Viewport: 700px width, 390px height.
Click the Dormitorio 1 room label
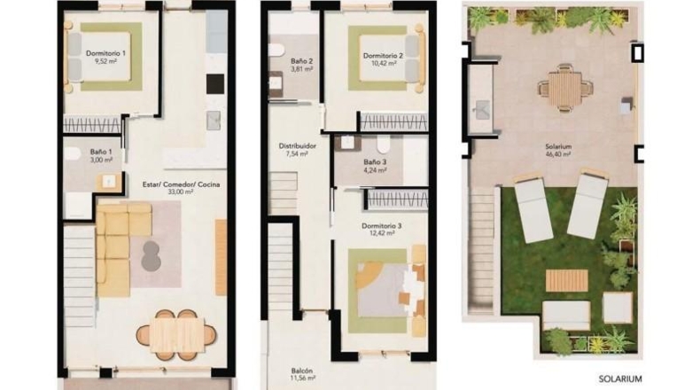(105, 53)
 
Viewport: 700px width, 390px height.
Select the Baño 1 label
(101, 152)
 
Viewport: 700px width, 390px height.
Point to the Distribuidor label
(298, 146)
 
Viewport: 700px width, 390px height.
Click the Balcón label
(302, 370)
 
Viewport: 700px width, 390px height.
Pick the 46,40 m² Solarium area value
(558, 154)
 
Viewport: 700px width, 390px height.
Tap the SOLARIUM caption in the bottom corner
(620, 378)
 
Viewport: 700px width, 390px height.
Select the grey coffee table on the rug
(151, 255)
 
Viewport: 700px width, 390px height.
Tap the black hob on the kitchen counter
(215, 84)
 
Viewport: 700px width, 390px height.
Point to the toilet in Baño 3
(384, 144)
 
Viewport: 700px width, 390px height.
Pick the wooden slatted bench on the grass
(566, 280)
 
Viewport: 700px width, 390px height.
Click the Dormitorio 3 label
(381, 226)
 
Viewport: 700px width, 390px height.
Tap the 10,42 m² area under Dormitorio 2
(383, 64)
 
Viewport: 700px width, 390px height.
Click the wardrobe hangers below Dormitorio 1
(92, 124)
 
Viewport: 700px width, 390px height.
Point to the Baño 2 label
(302, 61)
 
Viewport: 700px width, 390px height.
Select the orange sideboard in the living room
(221, 257)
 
